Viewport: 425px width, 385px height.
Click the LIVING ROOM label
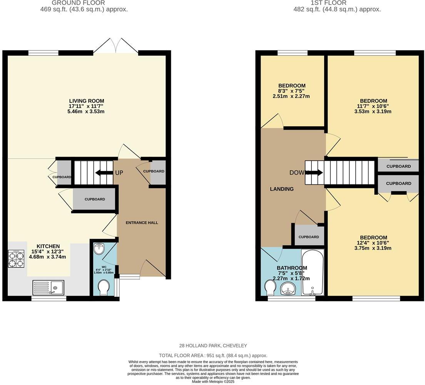coord(87,101)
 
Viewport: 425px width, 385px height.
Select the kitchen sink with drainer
coord(49,287)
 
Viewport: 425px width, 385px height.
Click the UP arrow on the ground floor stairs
coord(104,173)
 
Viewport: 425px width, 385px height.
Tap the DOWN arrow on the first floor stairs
coord(314,173)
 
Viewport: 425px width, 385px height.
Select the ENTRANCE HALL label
coord(142,223)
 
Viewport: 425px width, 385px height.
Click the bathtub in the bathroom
coord(313,272)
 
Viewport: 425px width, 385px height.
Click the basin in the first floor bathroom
coord(289,288)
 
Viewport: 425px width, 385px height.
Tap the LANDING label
coord(281,189)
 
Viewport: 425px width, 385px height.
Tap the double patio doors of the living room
coord(115,45)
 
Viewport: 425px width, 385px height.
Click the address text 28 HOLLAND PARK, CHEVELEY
coord(213,346)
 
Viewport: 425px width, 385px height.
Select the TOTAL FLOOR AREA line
coord(213,356)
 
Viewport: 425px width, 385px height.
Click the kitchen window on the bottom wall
coord(49,298)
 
